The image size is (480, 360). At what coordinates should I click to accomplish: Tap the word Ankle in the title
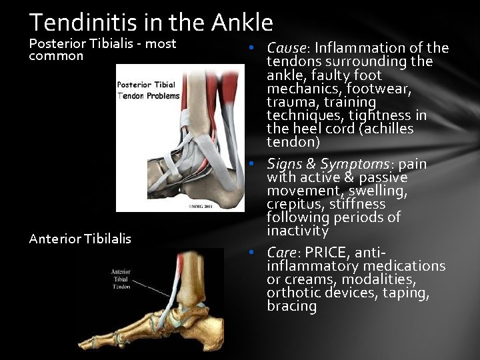tap(243, 23)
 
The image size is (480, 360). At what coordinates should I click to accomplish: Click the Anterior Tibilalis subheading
tap(80, 238)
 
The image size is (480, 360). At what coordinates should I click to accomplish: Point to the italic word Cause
tap(286, 48)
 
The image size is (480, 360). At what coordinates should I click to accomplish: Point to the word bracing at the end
tap(291, 306)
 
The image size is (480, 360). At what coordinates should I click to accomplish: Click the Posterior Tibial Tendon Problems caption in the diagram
tap(149, 90)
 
